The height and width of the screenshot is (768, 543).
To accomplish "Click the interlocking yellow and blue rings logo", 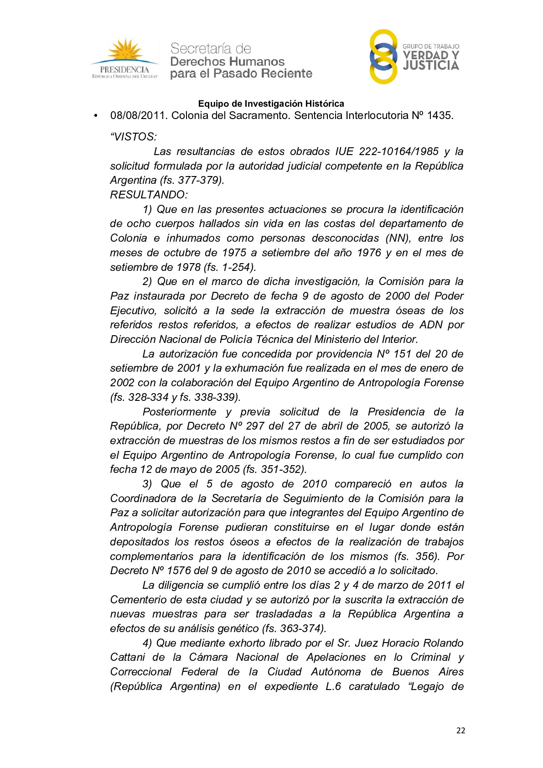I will pyautogui.click(x=383, y=57).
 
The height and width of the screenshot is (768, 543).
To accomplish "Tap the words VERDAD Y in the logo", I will pyautogui.click(x=431, y=55).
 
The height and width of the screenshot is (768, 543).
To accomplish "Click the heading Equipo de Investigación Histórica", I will pyautogui.click(x=271, y=104).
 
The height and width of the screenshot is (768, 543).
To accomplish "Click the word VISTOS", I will pyautogui.click(x=134, y=137).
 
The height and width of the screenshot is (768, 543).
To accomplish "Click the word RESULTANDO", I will pyautogui.click(x=148, y=195).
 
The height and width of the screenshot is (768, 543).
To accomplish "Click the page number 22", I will pyautogui.click(x=460, y=730).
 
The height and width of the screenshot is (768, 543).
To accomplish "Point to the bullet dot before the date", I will pyautogui.click(x=95, y=116).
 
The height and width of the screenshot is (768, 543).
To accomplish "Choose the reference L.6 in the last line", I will pyautogui.click(x=333, y=686).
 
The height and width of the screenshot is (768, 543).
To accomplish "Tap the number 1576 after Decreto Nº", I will pyautogui.click(x=179, y=571).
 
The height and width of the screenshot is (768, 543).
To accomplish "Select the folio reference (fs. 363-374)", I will pyautogui.click(x=294, y=628).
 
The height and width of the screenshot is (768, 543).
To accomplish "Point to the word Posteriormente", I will pyautogui.click(x=179, y=412).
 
